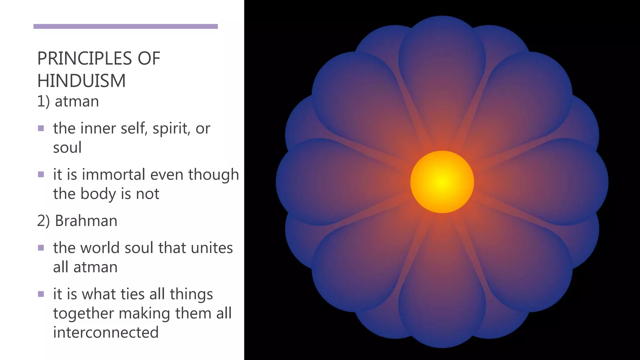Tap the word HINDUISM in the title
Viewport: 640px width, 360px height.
coord(81,81)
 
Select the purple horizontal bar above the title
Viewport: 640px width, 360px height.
coord(125,26)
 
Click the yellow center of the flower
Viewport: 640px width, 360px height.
coord(442,182)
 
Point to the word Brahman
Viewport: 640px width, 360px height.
coord(86,221)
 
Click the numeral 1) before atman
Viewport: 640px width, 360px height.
coord(43,102)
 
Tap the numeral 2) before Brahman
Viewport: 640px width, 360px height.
coord(43,221)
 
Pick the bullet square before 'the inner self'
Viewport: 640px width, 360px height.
coord(41,128)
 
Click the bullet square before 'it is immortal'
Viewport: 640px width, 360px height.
coord(41,174)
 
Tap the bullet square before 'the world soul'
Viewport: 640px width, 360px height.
coord(41,248)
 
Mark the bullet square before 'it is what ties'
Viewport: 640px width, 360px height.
coord(41,294)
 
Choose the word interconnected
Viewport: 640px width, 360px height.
coord(106,332)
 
